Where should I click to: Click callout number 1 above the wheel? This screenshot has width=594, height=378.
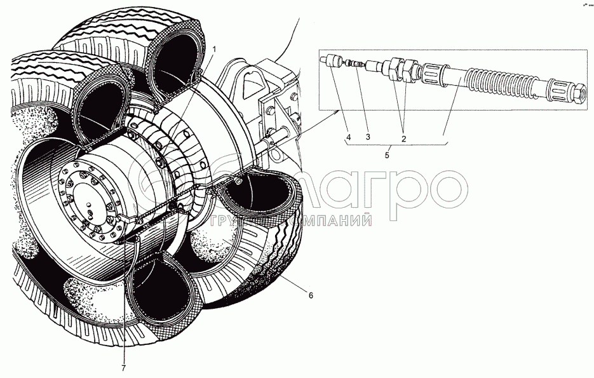click(214, 49)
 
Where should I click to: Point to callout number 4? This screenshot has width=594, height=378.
click(348, 137)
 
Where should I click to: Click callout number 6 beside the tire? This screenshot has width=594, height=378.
click(311, 295)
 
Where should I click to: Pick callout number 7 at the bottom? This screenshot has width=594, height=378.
click(125, 368)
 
